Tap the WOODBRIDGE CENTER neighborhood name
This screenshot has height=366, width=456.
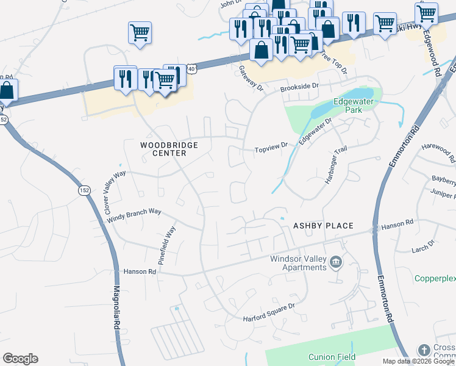(163, 149)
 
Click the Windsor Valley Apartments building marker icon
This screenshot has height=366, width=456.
(335, 263)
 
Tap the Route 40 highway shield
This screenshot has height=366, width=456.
(191, 69)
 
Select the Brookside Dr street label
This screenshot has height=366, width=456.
(299, 88)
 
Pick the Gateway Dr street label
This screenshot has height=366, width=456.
(250, 79)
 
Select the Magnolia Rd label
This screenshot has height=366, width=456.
(116, 308)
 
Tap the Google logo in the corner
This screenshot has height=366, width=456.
(20, 359)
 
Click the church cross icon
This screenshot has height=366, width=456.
(424, 350)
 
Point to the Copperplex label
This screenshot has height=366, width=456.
(435, 278)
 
